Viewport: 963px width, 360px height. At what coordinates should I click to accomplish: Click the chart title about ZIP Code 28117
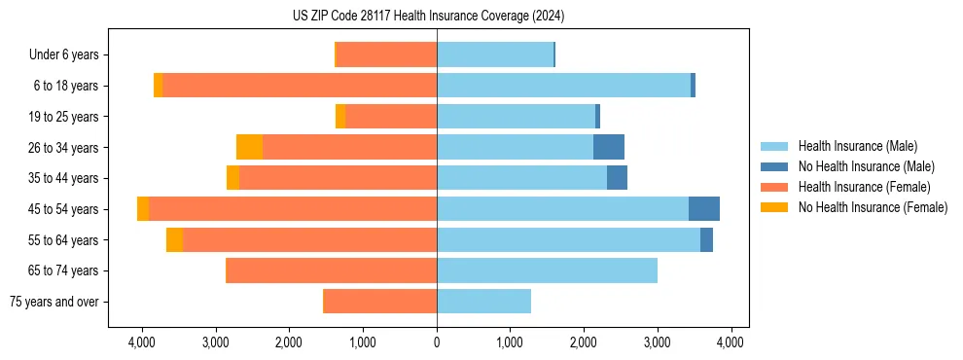(428, 16)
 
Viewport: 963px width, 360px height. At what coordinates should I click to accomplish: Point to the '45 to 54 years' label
(64, 209)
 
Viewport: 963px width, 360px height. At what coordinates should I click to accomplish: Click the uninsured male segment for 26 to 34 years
(609, 147)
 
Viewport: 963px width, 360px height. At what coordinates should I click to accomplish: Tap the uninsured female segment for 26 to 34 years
(249, 147)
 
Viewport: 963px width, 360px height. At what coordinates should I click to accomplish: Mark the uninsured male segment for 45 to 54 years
(704, 209)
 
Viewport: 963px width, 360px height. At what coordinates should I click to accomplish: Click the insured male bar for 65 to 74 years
(547, 270)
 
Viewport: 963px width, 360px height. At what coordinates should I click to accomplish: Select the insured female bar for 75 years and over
(379, 302)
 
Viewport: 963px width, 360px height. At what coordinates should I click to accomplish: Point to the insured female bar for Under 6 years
(386, 55)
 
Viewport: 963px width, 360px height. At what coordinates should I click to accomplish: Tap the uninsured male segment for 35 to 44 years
(617, 178)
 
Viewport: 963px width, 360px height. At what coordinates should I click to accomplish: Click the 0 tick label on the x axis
(437, 342)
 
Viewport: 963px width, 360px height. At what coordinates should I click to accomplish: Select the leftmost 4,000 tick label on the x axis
(142, 342)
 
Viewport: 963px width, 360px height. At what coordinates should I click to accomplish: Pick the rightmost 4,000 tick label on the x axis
(731, 342)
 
